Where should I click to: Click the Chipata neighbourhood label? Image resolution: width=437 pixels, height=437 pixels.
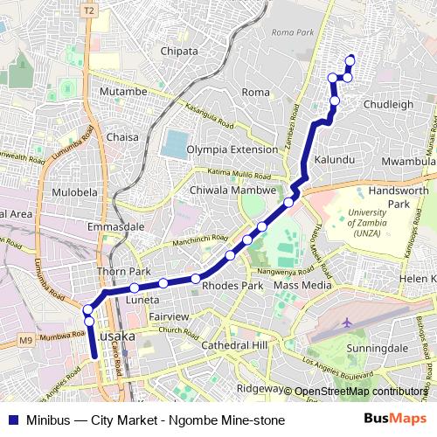pos(180,51)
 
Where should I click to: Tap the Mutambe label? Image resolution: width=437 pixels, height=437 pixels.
pos(123,91)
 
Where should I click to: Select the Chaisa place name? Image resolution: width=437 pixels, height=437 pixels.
pos(121,136)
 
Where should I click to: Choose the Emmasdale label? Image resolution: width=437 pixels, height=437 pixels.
pos(115,226)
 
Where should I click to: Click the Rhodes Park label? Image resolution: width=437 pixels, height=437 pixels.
pos(232,285)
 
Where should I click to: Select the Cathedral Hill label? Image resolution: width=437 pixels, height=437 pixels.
pos(233,345)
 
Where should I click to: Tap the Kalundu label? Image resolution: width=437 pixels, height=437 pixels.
pos(335,160)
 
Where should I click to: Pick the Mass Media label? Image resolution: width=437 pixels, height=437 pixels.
pos(302,285)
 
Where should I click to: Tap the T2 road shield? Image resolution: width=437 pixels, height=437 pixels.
pos(88,10)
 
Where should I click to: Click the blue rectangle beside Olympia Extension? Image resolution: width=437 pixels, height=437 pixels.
pos(175,143)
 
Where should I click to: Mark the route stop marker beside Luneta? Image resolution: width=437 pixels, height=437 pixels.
pos(135,288)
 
